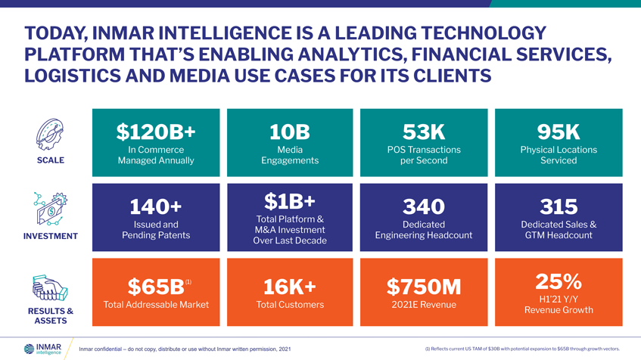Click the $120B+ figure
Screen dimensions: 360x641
pos(156,132)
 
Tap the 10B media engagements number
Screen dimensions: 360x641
pos(290,132)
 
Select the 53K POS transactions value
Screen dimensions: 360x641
pos(423,132)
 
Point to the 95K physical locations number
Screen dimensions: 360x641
pos(559,132)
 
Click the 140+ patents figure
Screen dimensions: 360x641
pos(156,206)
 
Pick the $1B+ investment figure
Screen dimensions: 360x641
pos(290,200)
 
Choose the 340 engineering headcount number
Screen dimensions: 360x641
pos(423,206)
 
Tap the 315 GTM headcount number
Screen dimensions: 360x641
pos(559,206)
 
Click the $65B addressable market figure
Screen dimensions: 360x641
pos(156,287)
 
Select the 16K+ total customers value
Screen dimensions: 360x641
pos(290,287)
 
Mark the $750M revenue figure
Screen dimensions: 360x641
pos(423,287)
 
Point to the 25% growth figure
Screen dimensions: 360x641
pos(559,281)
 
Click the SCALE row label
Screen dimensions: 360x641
pos(51,160)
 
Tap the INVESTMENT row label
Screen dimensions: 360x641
pos(51,236)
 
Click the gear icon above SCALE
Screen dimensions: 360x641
pos(51,135)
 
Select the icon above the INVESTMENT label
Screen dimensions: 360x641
pos(51,209)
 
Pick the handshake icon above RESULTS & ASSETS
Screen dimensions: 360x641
pos(51,288)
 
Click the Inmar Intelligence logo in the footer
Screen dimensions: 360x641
pos(43,349)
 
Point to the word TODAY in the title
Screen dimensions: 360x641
pos(54,33)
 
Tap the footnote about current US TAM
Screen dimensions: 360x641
pos(522,349)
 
